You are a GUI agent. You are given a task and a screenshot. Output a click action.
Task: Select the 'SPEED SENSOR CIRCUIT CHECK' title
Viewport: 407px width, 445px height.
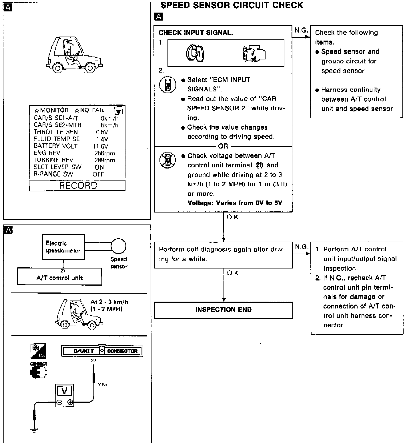pyautogui.click(x=232, y=5)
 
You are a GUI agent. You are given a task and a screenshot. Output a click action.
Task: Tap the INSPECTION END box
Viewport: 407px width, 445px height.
pyautogui.click(x=223, y=310)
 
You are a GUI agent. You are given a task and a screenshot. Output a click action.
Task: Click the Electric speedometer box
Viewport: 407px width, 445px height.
pyautogui.click(x=63, y=247)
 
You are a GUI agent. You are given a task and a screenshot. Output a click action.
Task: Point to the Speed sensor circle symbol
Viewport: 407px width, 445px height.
pyautogui.click(x=118, y=246)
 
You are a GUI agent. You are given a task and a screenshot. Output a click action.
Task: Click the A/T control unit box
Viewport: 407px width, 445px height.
pyautogui.click(x=59, y=277)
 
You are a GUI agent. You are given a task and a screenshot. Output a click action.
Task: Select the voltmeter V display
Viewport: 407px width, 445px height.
pyautogui.click(x=65, y=391)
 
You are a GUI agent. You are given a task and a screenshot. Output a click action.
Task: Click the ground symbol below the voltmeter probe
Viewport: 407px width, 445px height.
pyautogui.click(x=34, y=431)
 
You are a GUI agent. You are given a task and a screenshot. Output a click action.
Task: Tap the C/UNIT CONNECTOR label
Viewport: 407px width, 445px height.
pyautogui.click(x=102, y=351)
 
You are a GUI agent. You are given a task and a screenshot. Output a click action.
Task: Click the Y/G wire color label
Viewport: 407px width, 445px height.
pyautogui.click(x=102, y=384)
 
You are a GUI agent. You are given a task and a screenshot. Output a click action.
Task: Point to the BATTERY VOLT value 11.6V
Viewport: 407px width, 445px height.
pyautogui.click(x=101, y=146)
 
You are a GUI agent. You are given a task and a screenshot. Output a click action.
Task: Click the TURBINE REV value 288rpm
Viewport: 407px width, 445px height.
pyautogui.click(x=105, y=160)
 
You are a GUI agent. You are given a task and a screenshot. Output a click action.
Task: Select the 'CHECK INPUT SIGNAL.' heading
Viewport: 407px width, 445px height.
pyautogui.click(x=196, y=33)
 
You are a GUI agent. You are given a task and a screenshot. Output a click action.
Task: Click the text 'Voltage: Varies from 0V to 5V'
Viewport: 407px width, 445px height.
pyautogui.click(x=235, y=203)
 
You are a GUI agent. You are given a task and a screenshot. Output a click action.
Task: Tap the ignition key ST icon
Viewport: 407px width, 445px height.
pyautogui.click(x=195, y=53)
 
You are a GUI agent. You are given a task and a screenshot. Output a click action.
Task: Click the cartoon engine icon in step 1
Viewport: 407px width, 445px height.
pyautogui.click(x=254, y=53)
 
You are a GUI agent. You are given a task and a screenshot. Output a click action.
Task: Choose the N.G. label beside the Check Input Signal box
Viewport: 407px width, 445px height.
pyautogui.click(x=301, y=30)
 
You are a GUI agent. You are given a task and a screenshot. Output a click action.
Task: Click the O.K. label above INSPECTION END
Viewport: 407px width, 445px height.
pyautogui.click(x=234, y=273)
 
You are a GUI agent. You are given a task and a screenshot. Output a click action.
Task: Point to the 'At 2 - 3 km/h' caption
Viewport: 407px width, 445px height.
pyautogui.click(x=109, y=302)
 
